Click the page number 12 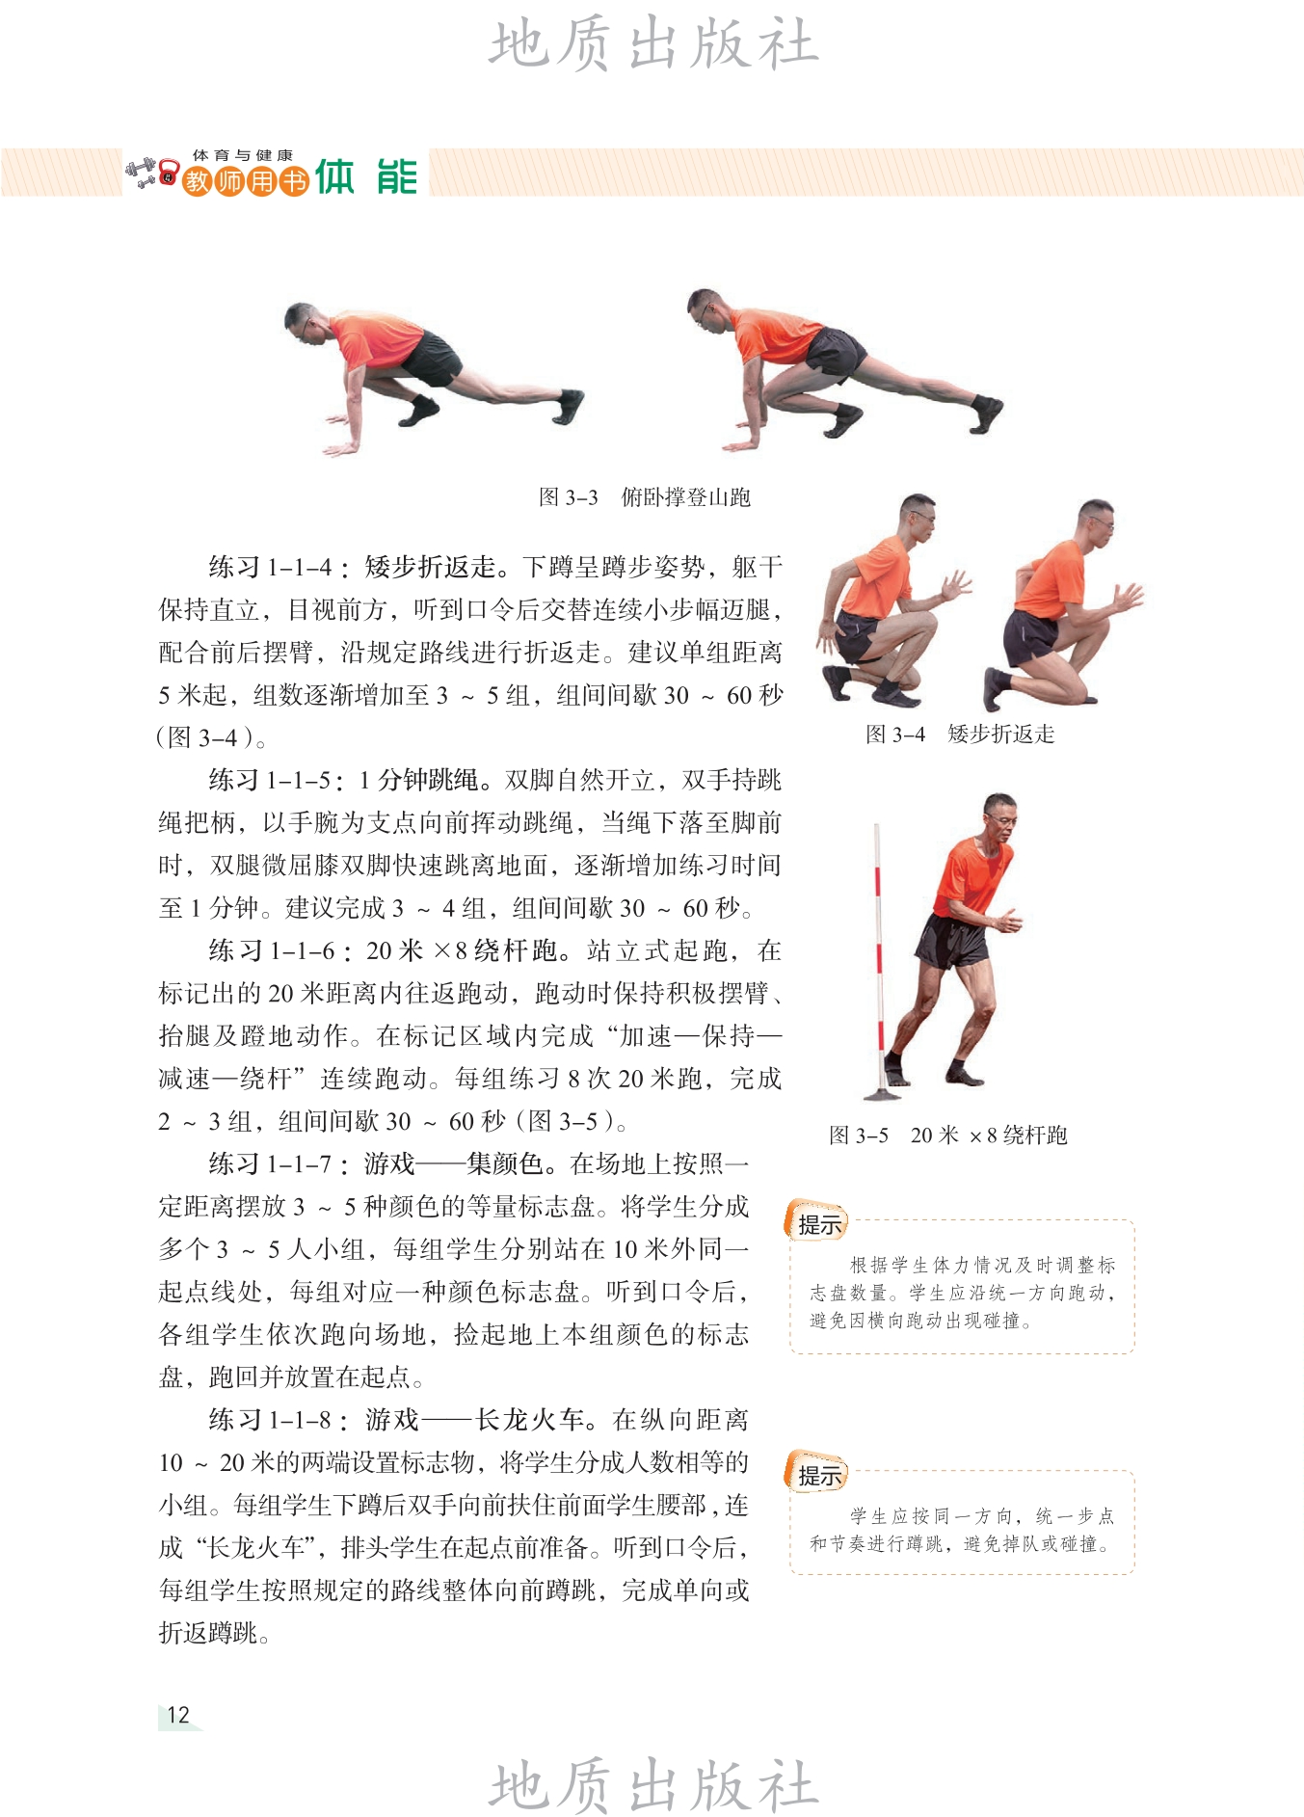178,1715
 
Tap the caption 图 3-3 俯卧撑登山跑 644,497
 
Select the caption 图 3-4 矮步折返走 960,735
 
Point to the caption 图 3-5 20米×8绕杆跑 948,1136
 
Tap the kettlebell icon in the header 170,174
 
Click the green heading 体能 366,177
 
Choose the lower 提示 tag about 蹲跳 818,1475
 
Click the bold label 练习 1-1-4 271,567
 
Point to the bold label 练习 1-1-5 271,780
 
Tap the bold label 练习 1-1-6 272,951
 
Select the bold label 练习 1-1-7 271,1164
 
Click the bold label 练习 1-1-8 271,1420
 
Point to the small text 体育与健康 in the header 243,154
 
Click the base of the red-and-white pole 882,1093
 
